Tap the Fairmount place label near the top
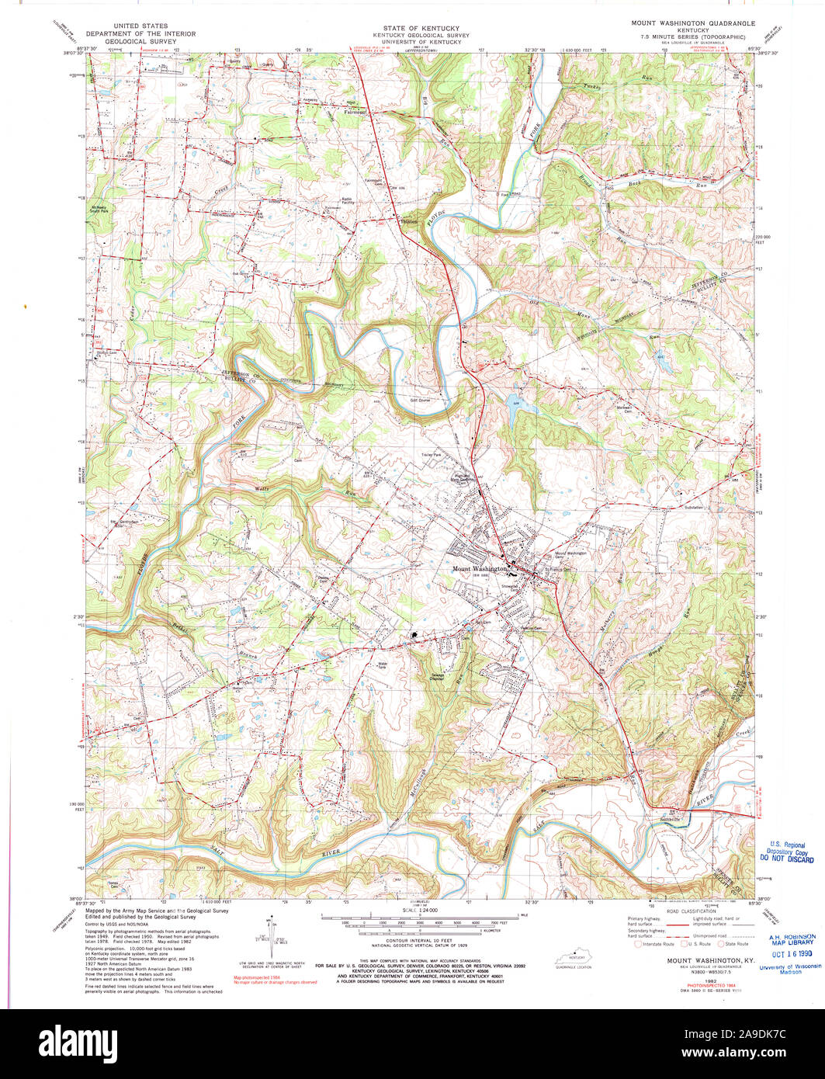(355, 110)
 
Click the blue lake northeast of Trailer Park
(514, 403)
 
